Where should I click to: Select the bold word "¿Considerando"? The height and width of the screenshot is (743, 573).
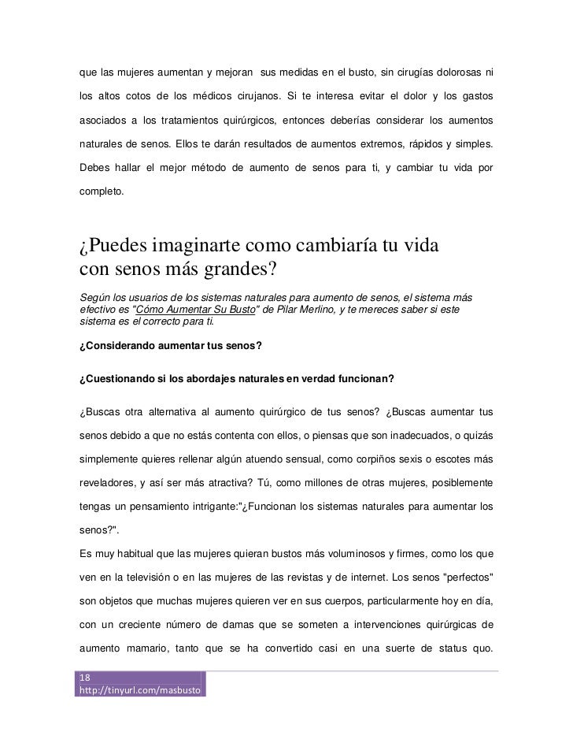pos(122,346)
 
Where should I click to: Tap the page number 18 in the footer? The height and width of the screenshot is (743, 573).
pos(86,678)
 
